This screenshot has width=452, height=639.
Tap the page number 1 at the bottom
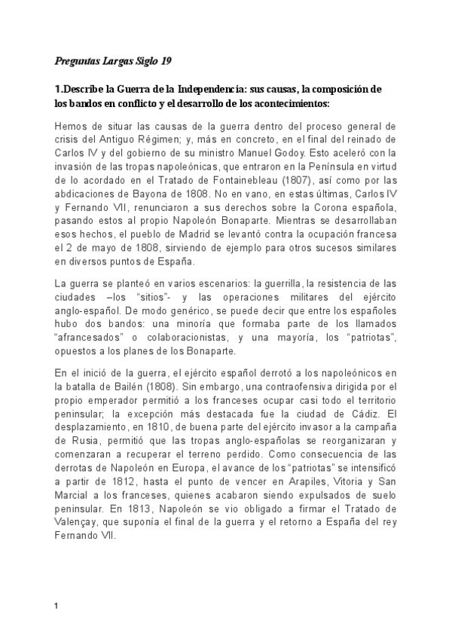pos(56,605)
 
